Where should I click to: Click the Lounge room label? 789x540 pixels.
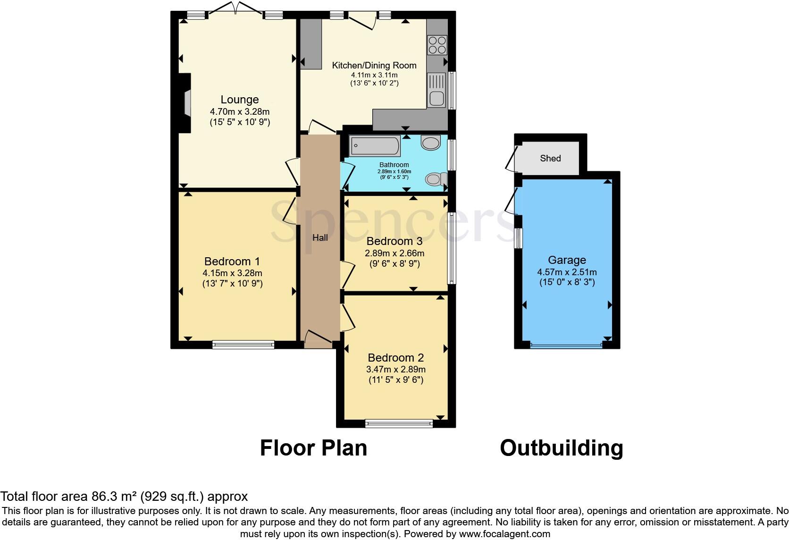pyautogui.click(x=240, y=100)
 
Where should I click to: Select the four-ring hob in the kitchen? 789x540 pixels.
pyautogui.click(x=437, y=45)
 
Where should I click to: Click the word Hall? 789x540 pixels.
pyautogui.click(x=320, y=238)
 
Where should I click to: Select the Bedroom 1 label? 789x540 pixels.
pyautogui.click(x=232, y=262)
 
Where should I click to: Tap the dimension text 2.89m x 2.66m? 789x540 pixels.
pyautogui.click(x=394, y=253)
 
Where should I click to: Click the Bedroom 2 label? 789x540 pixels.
pyautogui.click(x=396, y=358)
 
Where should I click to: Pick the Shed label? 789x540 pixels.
pyautogui.click(x=550, y=158)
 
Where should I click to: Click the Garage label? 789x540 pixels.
pyautogui.click(x=567, y=260)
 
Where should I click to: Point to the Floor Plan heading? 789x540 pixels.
pyautogui.click(x=313, y=447)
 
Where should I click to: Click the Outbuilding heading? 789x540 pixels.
pyautogui.click(x=562, y=447)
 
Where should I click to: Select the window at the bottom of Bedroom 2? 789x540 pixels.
pyautogui.click(x=399, y=423)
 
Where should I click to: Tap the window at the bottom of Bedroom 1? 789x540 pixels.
pyautogui.click(x=243, y=345)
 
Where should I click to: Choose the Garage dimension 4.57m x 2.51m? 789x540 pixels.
pyautogui.click(x=567, y=272)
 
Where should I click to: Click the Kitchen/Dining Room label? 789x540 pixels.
pyautogui.click(x=374, y=66)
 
